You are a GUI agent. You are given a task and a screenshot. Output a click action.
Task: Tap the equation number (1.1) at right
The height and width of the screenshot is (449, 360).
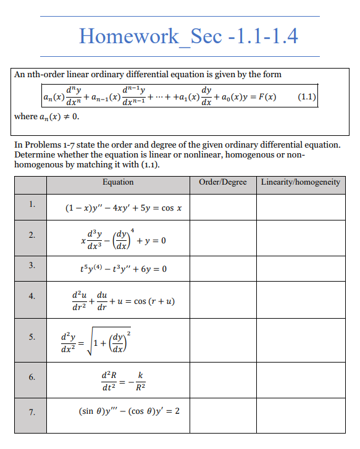tap(307, 98)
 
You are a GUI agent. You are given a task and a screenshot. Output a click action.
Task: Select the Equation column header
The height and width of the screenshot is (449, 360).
tap(118, 182)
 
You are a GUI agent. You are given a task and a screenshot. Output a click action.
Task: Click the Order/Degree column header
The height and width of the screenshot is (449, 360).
tap(223, 182)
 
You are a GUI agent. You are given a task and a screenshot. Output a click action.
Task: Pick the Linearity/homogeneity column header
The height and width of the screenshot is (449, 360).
tap(300, 182)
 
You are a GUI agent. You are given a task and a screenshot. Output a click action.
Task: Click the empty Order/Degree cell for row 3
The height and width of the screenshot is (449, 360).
tap(223, 269)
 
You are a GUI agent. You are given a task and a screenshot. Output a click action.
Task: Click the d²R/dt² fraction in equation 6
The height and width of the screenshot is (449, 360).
tap(109, 382)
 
